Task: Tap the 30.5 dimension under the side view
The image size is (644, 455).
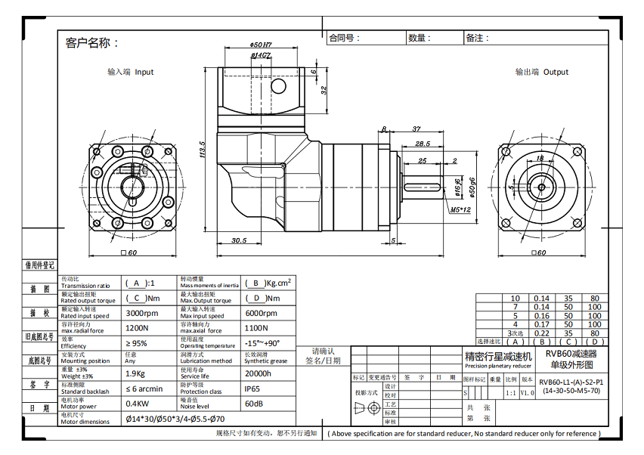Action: (239, 240)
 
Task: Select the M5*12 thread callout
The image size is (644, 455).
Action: (460, 209)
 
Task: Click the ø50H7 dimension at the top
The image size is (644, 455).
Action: (261, 45)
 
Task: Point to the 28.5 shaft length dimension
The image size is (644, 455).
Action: (423, 144)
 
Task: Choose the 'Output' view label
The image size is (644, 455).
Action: (542, 73)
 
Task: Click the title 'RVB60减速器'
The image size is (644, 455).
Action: (571, 353)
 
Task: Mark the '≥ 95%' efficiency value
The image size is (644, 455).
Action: (136, 343)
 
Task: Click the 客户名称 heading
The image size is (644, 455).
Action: (92, 42)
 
